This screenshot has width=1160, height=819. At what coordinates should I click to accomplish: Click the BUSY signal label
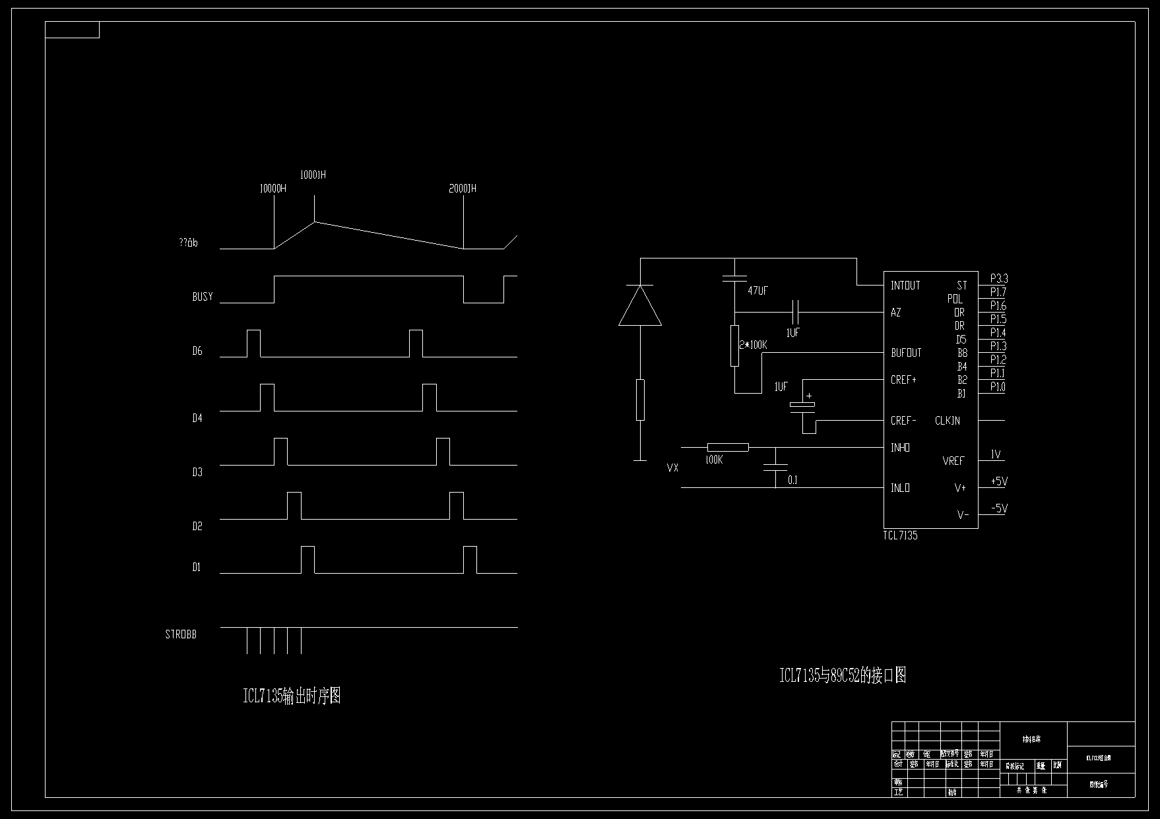tap(203, 297)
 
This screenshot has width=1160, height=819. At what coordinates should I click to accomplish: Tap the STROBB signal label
tap(181, 634)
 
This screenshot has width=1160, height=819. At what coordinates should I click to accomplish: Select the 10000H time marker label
tap(273, 189)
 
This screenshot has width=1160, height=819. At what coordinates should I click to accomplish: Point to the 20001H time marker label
tap(463, 189)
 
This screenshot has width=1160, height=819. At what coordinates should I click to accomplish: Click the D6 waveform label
tap(197, 351)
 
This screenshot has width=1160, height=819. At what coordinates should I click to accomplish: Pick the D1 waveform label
tap(197, 567)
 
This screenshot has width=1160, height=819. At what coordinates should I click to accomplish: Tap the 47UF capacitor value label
tap(758, 290)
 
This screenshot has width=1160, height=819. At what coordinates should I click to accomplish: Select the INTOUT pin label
tap(905, 286)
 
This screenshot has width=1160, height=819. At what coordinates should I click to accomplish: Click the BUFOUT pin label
tap(906, 353)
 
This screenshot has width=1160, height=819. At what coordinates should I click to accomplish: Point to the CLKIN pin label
tap(948, 421)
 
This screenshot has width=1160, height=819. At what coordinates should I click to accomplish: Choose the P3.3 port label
tap(999, 279)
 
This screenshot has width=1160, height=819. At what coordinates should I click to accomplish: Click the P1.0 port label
tap(998, 387)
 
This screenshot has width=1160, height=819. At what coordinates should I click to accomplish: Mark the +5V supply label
tap(999, 481)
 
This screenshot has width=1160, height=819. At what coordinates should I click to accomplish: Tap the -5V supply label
tap(999, 508)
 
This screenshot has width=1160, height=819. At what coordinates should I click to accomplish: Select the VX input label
tap(672, 468)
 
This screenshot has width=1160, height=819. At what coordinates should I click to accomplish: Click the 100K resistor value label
tap(714, 460)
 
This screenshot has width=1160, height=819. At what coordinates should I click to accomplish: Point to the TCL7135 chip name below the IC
tap(900, 535)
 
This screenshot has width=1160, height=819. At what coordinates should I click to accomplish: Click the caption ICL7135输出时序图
tap(292, 696)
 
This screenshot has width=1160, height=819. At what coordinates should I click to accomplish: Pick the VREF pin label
tap(953, 461)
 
